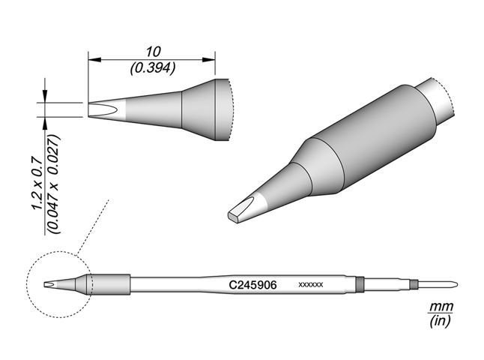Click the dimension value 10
point(153,52)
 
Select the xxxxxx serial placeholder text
point(310,286)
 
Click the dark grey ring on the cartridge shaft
point(360,284)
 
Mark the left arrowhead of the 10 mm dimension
point(92,59)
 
